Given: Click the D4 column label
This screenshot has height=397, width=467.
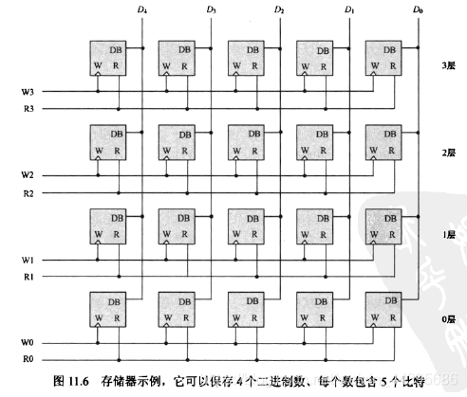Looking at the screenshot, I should point(141,9).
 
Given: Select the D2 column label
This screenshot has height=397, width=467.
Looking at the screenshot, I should point(279,9).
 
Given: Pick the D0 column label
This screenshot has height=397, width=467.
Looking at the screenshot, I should point(418,9).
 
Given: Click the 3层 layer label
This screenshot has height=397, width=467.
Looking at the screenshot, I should point(449,66).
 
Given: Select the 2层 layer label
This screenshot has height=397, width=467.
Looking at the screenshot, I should point(449,150).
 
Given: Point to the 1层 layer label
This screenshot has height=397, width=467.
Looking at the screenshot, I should point(449,233).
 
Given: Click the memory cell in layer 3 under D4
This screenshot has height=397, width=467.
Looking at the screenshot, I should point(106,59).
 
